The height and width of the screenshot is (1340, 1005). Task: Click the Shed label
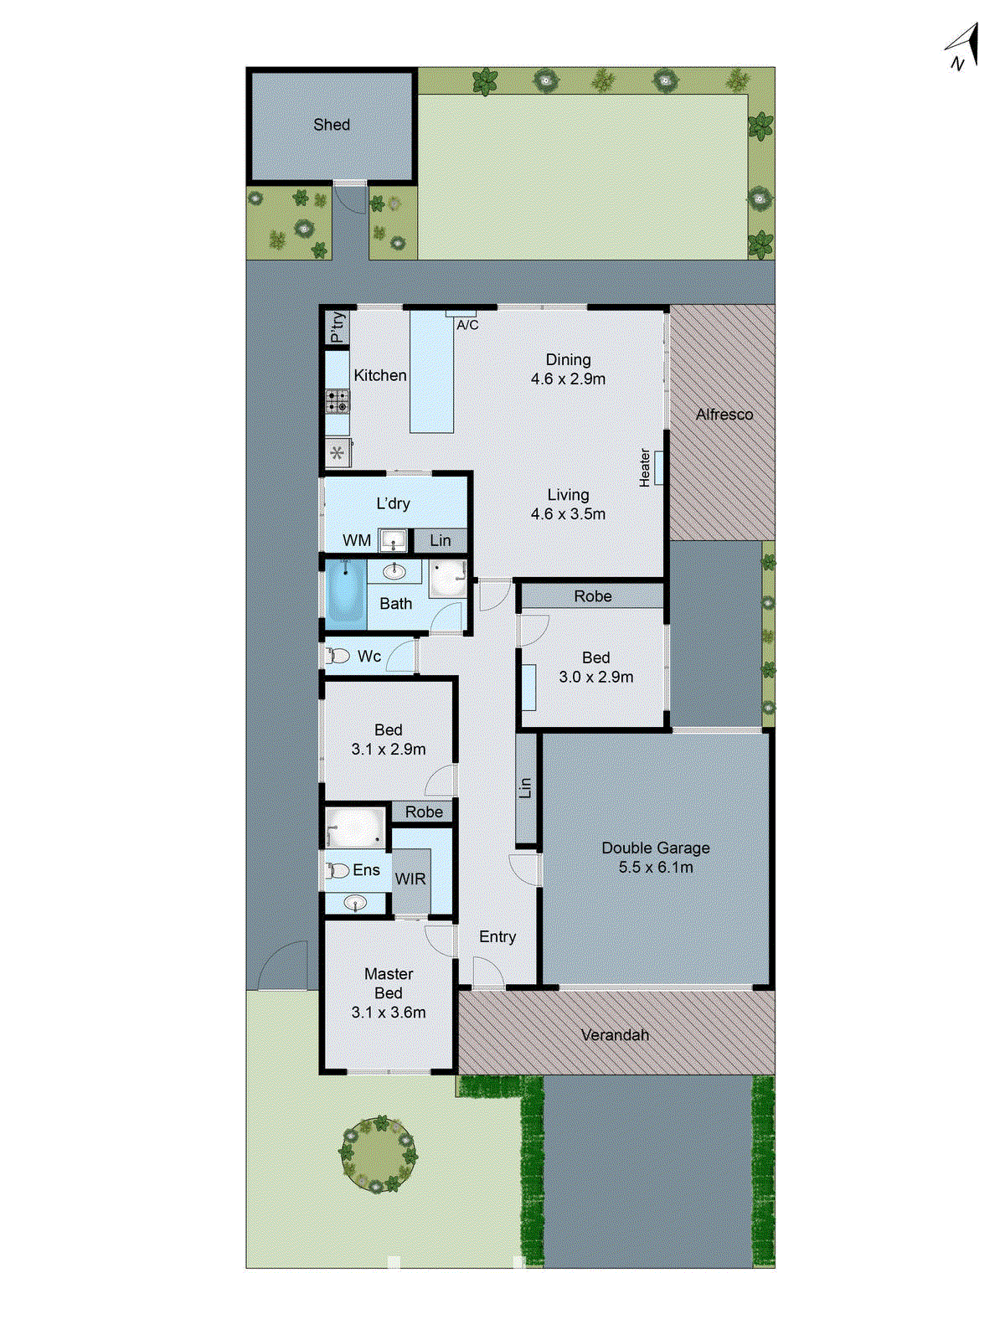coord(332,125)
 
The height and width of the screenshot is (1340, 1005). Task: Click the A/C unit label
coord(467,325)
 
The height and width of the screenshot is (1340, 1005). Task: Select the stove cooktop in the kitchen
coord(338,401)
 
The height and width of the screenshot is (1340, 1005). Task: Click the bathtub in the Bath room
coord(345,595)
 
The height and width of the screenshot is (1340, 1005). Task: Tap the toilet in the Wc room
coord(338,656)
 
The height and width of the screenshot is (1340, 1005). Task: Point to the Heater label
coord(645,467)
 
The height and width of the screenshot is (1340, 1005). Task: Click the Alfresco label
coord(724,415)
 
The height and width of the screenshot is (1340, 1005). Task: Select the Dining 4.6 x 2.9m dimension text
coord(568,379)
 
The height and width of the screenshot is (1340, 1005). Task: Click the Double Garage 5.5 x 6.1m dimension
coord(655,868)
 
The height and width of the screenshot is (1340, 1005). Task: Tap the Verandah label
coord(615,1035)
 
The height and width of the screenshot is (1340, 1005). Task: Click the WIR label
coord(410,879)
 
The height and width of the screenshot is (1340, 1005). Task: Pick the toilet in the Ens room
coord(338,871)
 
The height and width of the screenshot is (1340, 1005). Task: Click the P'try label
coord(337,327)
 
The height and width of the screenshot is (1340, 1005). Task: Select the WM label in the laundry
coord(357,540)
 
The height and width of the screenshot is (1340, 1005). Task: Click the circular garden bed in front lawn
coord(379,1155)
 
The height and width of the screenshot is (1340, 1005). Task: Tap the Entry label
coord(497,937)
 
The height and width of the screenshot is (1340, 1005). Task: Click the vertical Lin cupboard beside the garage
coord(525,788)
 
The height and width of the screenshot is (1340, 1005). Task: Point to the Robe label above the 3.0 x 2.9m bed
coord(592,596)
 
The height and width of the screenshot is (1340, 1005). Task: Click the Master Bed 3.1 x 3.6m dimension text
coord(389,1013)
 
